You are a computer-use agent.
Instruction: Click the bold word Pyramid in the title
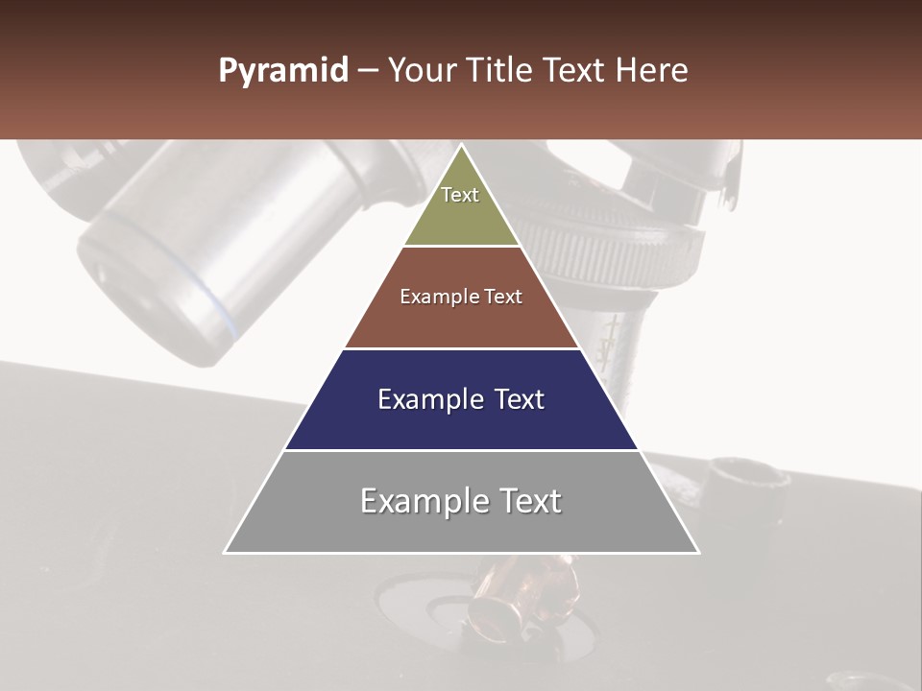click(283, 71)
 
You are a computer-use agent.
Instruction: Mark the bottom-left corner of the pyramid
click(225, 553)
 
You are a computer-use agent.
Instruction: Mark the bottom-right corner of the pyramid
click(698, 553)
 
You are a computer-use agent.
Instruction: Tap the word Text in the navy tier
click(520, 399)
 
